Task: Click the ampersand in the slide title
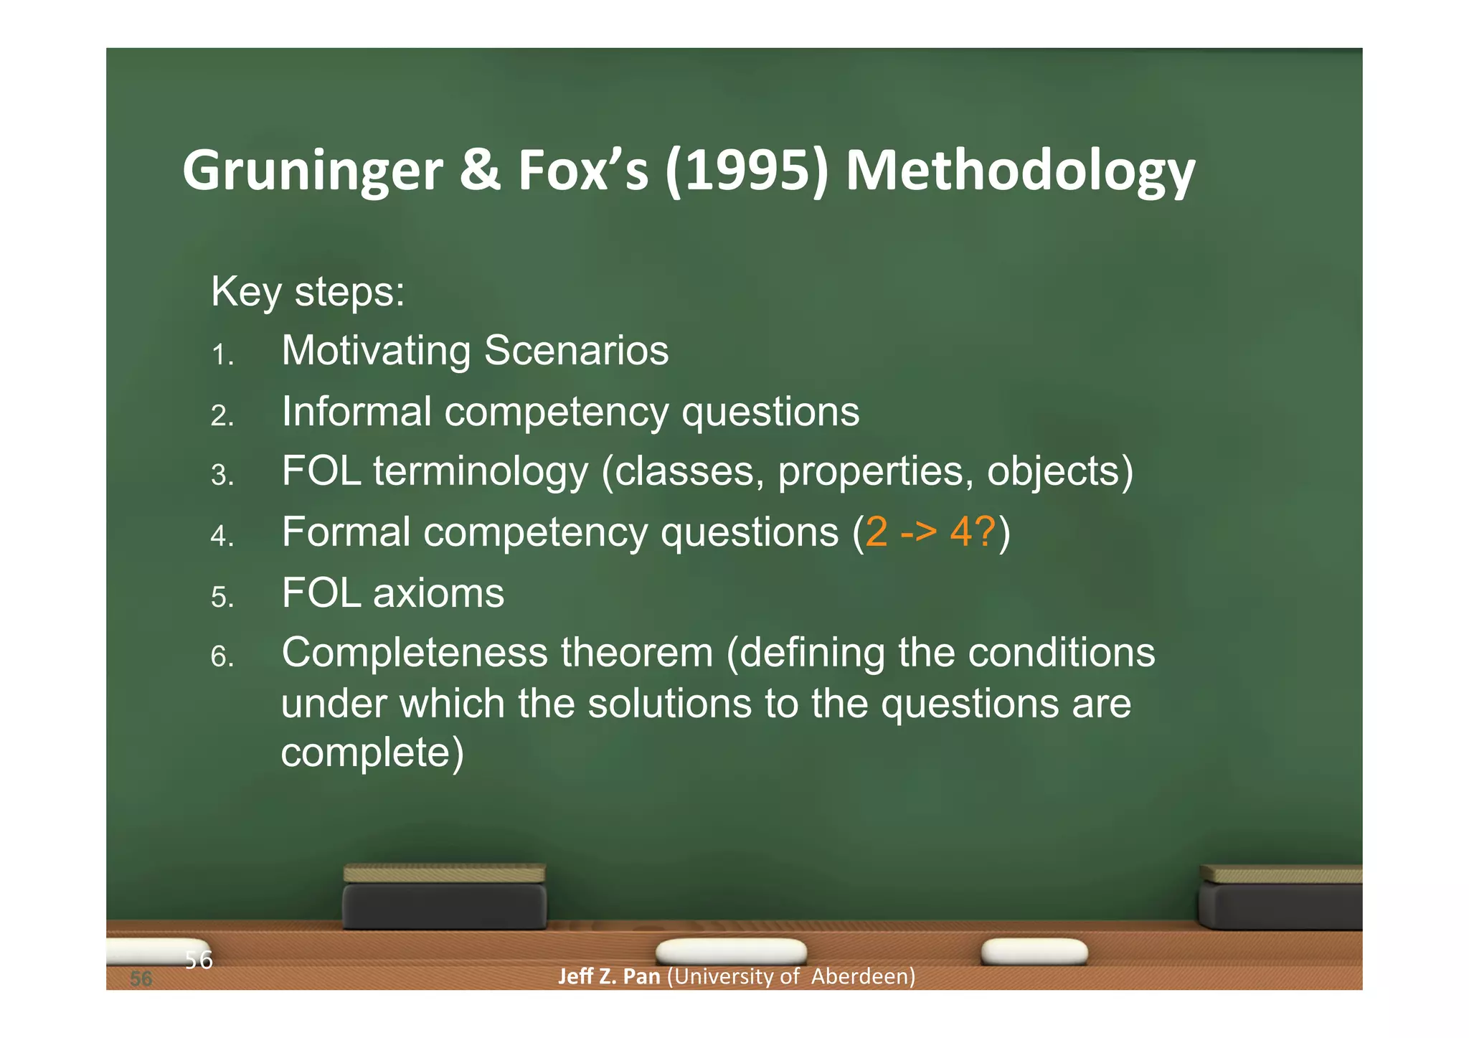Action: (480, 171)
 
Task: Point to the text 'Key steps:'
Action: (308, 292)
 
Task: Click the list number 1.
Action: (222, 355)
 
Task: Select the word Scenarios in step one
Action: (576, 351)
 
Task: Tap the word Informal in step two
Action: (356, 412)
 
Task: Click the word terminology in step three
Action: (481, 472)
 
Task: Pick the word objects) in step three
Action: (1059, 472)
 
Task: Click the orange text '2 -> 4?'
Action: (931, 532)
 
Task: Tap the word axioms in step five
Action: (438, 593)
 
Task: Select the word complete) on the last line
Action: (372, 752)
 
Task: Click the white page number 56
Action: (199, 959)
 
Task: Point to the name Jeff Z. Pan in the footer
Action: (608, 976)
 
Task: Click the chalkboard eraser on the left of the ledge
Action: (444, 897)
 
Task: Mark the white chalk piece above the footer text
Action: (731, 951)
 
